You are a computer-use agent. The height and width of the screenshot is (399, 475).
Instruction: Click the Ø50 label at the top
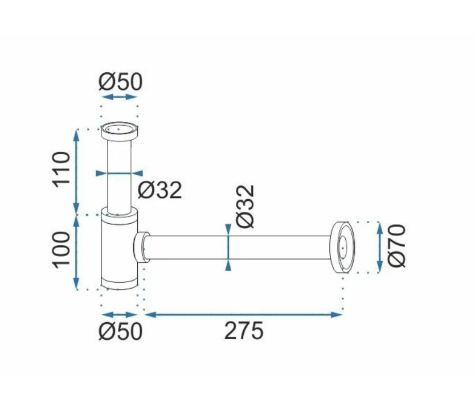pos(120,82)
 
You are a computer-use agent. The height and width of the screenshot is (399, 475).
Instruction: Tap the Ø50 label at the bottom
pos(120,331)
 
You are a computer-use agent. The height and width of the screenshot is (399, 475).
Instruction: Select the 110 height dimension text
pos(62,170)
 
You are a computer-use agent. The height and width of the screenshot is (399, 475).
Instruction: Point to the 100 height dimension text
pos(62,250)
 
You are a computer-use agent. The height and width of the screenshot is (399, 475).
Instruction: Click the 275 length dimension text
pos(244,331)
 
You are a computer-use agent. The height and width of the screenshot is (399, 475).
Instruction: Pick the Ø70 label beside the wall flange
pos(396,246)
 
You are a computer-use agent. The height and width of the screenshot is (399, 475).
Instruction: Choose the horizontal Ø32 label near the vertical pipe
pos(159,190)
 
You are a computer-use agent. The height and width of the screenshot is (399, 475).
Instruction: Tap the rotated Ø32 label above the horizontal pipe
pos(245,206)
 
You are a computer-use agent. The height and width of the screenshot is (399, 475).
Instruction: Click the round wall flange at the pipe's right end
pos(342,248)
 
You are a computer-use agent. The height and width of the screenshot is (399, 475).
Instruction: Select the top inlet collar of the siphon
pos(120,131)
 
